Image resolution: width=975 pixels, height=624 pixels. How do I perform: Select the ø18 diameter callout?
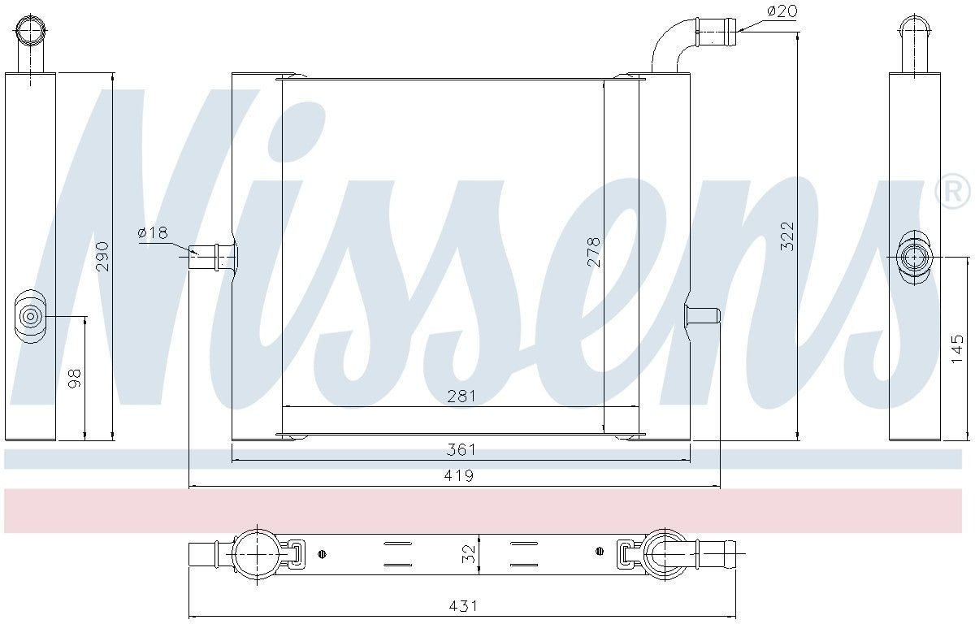pyautogui.click(x=152, y=233)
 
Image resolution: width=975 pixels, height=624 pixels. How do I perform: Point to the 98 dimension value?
pyautogui.click(x=75, y=379)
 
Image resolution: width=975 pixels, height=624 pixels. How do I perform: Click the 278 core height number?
pyautogui.click(x=593, y=252)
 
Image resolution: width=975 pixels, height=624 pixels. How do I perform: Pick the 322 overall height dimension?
pyautogui.click(x=787, y=236)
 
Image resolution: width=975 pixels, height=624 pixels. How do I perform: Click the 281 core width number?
pyautogui.click(x=461, y=396)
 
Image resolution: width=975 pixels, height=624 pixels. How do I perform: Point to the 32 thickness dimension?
pyautogui.click(x=468, y=554)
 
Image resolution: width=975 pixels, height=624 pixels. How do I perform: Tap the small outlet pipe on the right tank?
pyautogui.click(x=704, y=315)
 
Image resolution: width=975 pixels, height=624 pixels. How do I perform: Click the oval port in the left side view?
pyautogui.click(x=31, y=317)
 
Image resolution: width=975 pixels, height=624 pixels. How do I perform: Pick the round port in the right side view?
pyautogui.click(x=915, y=258)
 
